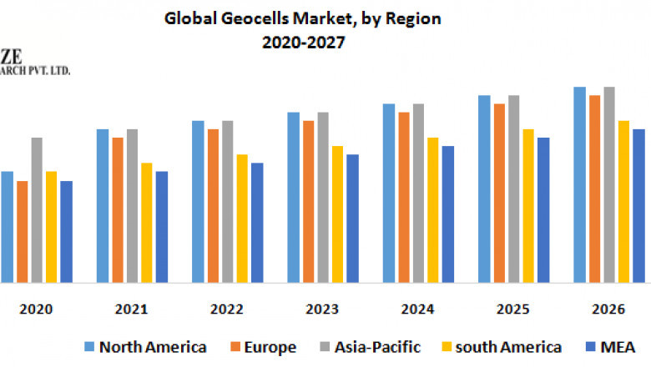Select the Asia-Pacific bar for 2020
tap(37, 209)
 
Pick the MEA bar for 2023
tap(352, 218)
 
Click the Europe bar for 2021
tap(118, 209)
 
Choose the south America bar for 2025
tap(528, 205)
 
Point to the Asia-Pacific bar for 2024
tap(418, 193)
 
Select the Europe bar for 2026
tap(594, 189)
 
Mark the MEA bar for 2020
tap(67, 231)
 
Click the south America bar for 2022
tap(242, 218)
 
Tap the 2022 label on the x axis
tap(227, 309)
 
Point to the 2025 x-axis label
tap(513, 309)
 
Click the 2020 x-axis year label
tap(36, 309)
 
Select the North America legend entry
tap(145, 346)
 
